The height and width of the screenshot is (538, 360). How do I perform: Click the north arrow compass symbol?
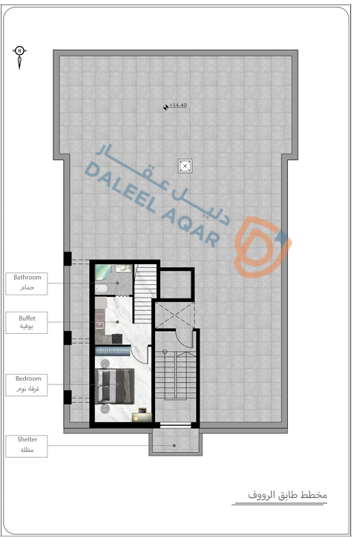point(19,57)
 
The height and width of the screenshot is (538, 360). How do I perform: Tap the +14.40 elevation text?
point(178,105)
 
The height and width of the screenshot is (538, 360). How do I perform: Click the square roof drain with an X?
point(185,166)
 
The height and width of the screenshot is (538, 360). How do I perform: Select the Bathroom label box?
point(27,283)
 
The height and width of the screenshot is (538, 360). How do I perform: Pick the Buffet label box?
point(27,323)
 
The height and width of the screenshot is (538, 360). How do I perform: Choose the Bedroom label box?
point(27,385)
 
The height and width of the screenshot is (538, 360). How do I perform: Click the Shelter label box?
point(27,446)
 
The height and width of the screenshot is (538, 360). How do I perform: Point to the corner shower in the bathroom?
point(102,272)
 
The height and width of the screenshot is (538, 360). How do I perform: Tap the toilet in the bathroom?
point(101,289)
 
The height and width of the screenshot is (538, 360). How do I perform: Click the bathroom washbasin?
point(124,269)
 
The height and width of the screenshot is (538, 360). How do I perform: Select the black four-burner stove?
point(117,338)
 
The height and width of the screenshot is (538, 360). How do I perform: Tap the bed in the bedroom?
point(114,386)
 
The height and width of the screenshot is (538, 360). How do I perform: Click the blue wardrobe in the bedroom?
point(113,351)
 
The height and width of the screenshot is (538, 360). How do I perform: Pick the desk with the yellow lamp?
point(142,416)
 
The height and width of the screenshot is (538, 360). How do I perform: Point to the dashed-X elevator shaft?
point(175,315)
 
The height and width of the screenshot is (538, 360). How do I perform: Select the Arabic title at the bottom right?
point(287,495)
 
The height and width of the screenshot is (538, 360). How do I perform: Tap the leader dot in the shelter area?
point(174,446)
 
